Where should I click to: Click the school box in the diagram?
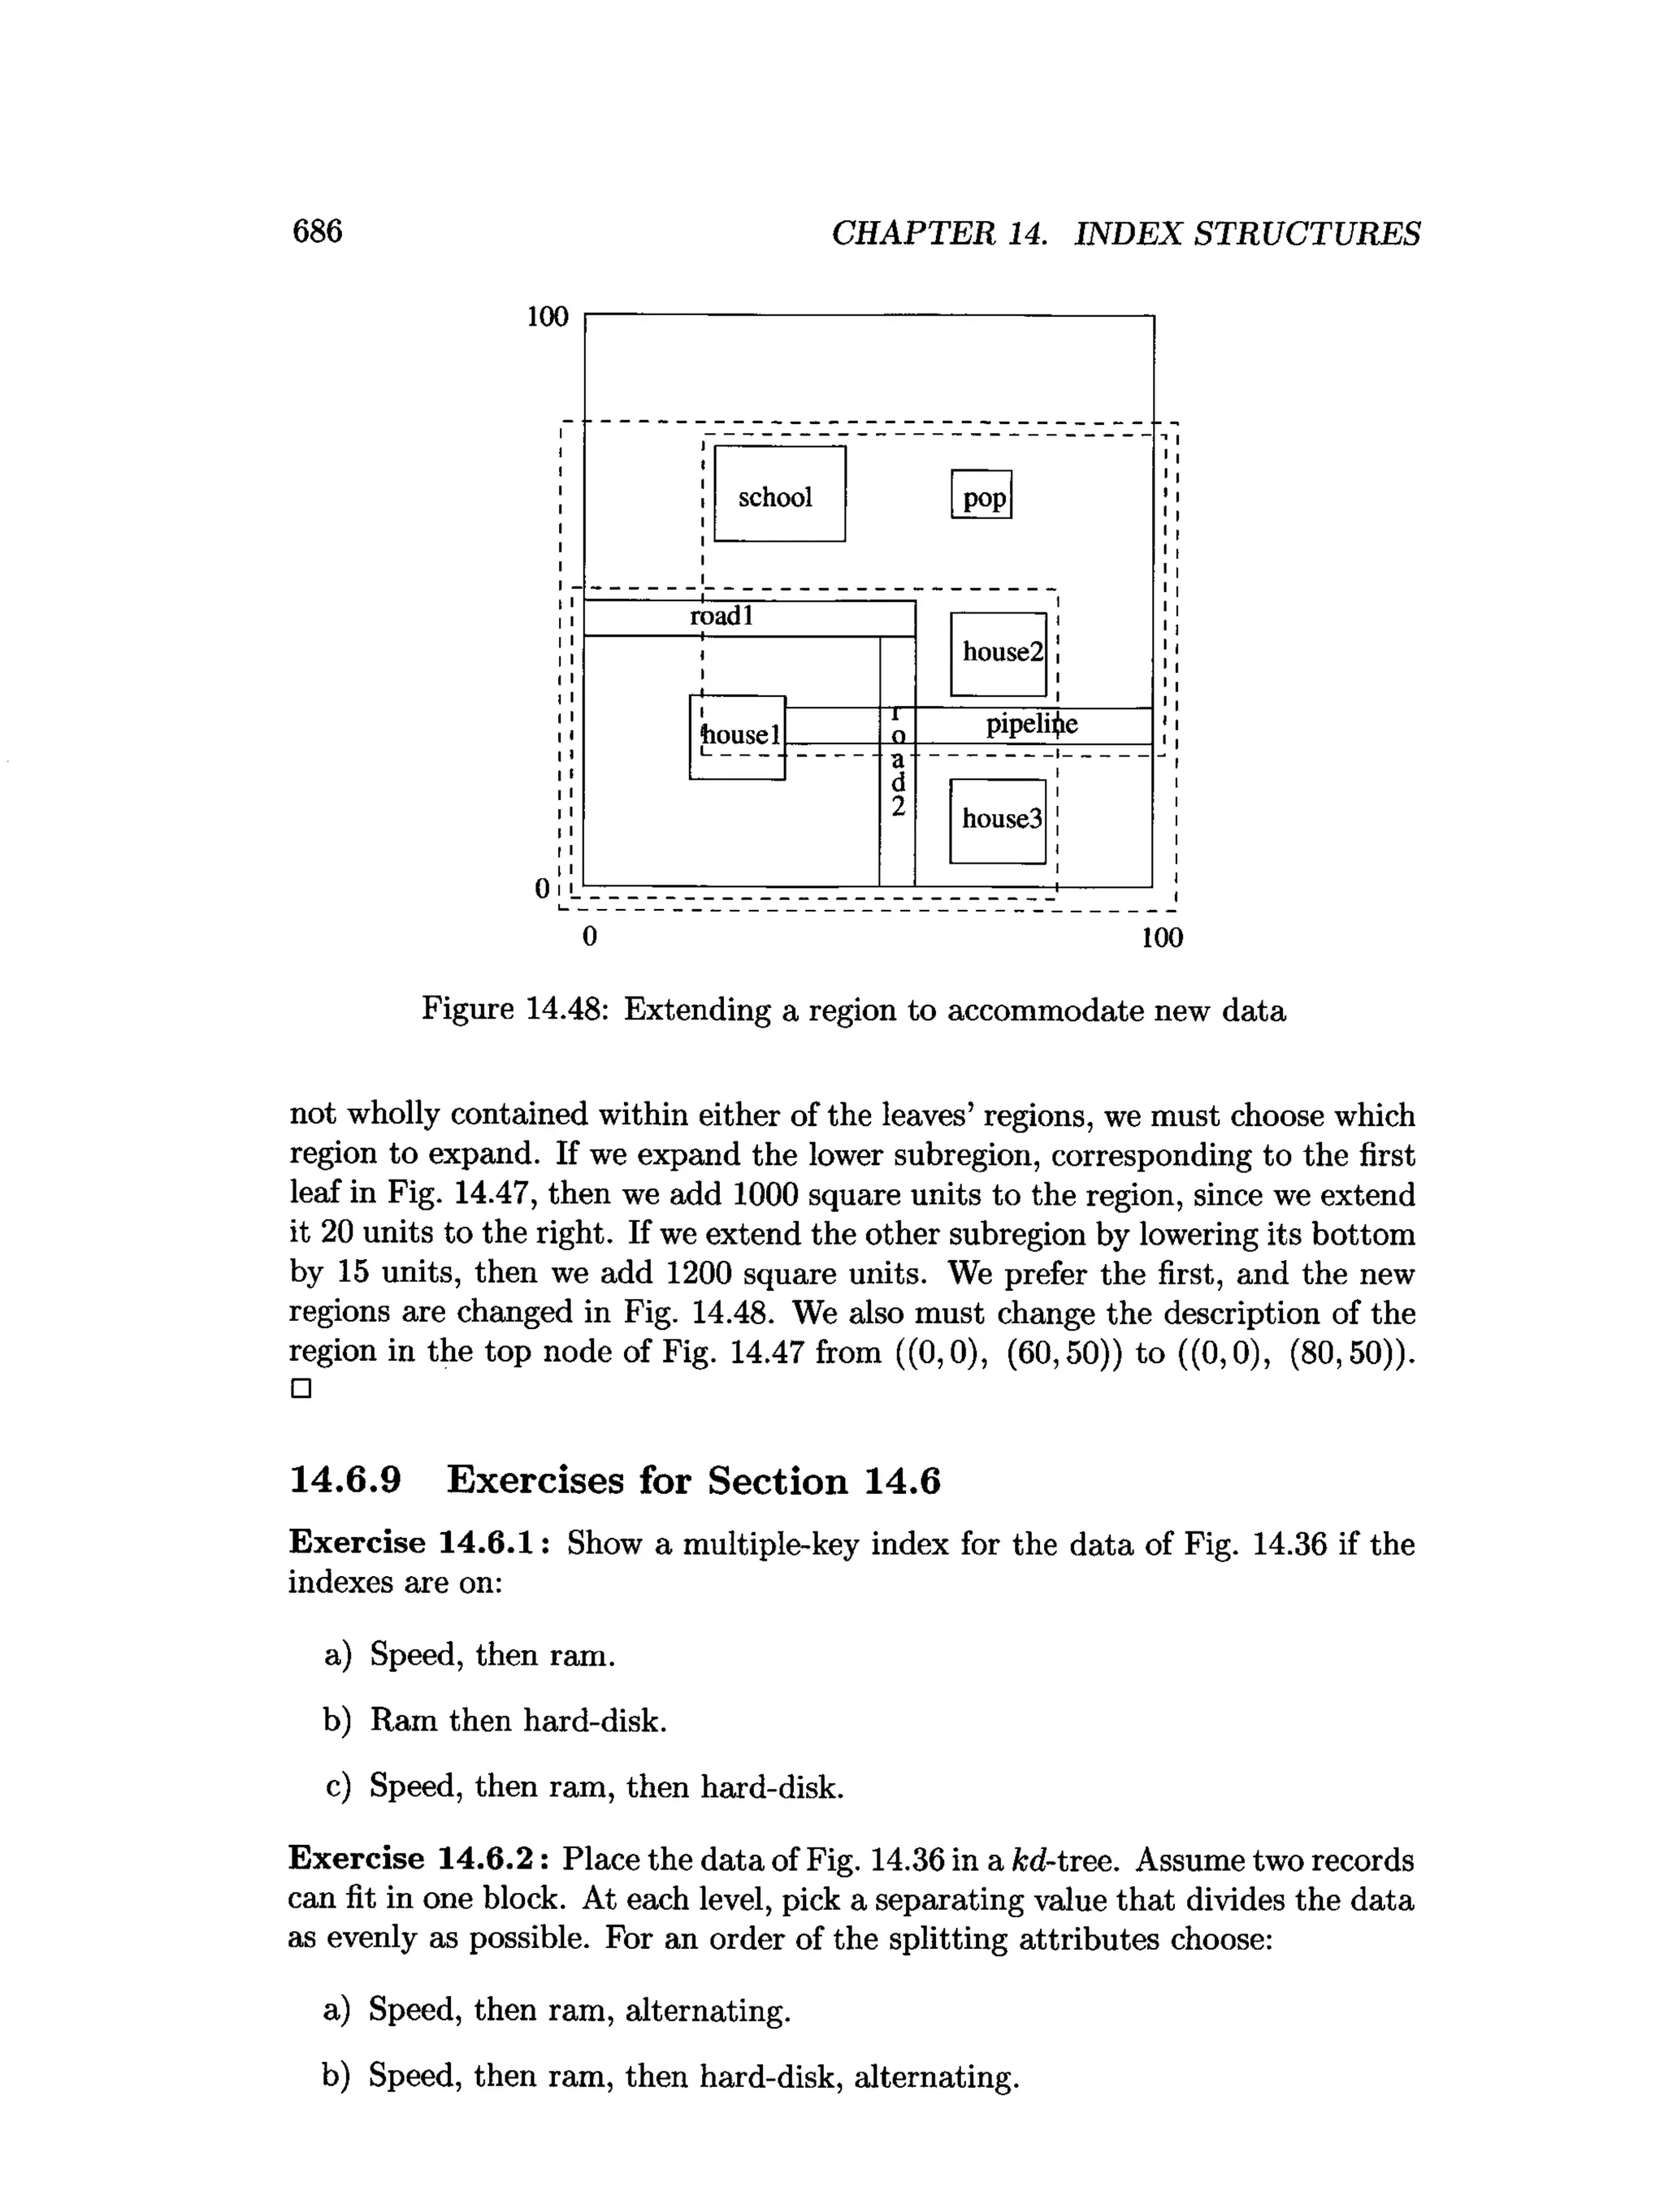click(x=779, y=494)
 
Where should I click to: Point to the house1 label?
click(x=740, y=735)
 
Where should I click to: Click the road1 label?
click(x=722, y=617)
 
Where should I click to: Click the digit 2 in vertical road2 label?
click(x=898, y=807)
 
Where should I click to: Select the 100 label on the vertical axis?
click(x=547, y=317)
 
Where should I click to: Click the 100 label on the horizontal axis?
click(x=1162, y=937)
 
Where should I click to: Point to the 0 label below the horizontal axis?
click(x=590, y=937)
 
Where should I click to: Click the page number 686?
click(x=317, y=232)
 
